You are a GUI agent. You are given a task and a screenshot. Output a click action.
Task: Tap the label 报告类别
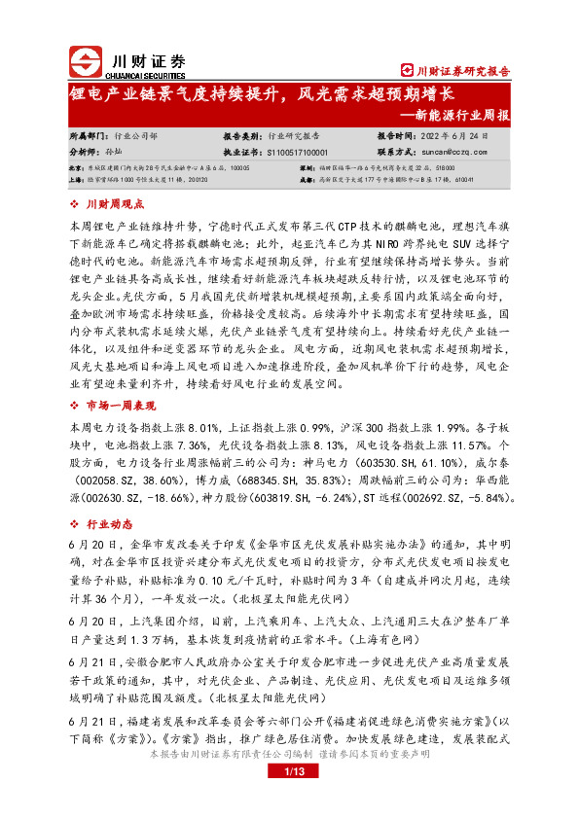[x=244, y=137]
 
